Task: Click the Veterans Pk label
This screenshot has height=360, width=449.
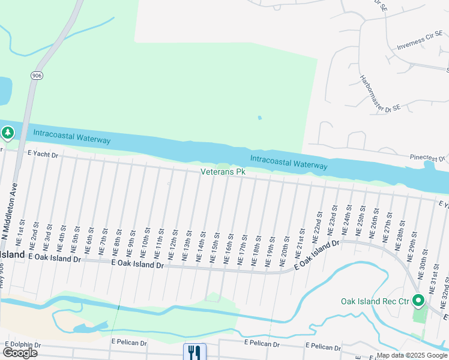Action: pos(223,172)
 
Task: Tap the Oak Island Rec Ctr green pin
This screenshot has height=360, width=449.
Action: pos(418,301)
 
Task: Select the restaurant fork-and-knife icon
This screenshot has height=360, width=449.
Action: pos(194,352)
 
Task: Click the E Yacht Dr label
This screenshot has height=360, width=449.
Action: pos(43,155)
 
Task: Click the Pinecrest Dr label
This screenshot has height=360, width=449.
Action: pos(427,159)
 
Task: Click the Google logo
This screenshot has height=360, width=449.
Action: pos(20,353)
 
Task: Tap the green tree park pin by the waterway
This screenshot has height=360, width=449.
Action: pos(7,133)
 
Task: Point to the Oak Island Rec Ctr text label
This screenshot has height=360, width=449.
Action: pos(375,301)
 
